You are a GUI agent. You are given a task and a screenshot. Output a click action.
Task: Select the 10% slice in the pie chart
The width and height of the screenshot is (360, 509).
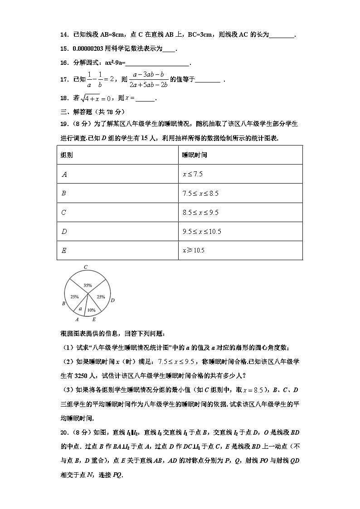(x=91, y=308)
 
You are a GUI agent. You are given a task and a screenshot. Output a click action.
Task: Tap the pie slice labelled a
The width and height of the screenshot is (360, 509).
(x=80, y=309)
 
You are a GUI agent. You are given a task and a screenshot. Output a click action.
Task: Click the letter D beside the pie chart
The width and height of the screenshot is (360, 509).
(x=112, y=300)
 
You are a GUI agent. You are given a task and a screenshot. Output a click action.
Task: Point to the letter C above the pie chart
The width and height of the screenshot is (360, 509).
(x=85, y=267)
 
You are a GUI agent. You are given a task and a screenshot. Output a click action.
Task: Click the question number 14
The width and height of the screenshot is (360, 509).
(x=64, y=34)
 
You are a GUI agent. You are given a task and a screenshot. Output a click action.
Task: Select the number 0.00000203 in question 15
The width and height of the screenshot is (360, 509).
(x=88, y=49)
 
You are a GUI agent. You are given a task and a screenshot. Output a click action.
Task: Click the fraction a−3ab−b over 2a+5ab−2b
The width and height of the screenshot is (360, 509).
(x=148, y=79)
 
